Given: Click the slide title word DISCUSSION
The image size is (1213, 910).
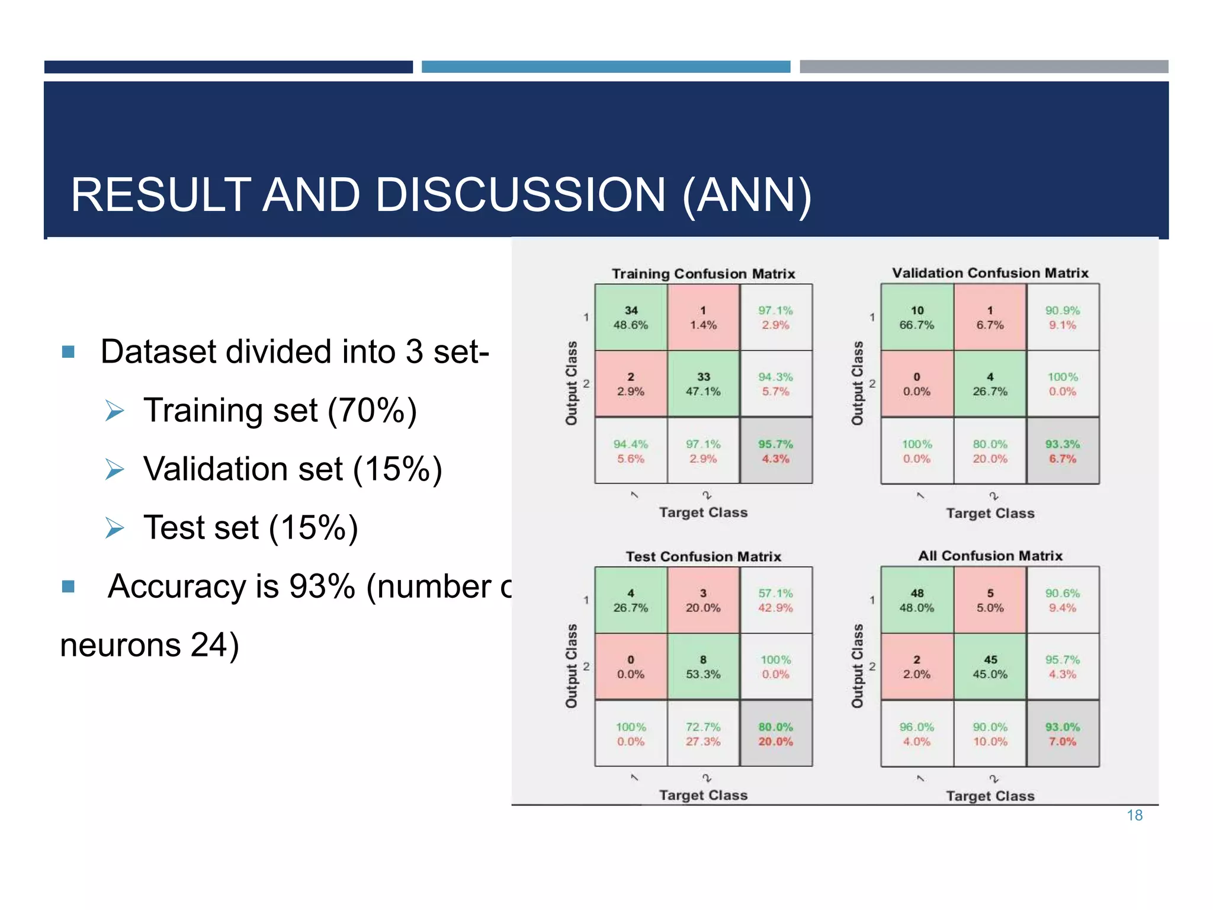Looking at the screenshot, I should click(x=520, y=196).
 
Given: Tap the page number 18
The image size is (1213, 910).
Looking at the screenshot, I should click(x=1134, y=816).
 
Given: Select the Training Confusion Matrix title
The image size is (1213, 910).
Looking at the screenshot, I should click(x=703, y=274).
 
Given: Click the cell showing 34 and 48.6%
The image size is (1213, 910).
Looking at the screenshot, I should click(x=631, y=318).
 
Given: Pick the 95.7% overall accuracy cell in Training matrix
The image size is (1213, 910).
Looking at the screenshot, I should click(x=776, y=451).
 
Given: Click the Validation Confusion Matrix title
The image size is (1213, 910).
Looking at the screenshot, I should click(x=990, y=273).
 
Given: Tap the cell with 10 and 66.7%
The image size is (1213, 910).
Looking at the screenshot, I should click(x=917, y=318).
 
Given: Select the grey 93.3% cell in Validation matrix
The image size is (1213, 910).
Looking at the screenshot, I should click(x=1063, y=451).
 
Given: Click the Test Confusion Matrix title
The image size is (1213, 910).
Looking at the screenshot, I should click(x=703, y=556).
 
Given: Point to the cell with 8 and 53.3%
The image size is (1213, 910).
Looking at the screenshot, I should click(x=703, y=667).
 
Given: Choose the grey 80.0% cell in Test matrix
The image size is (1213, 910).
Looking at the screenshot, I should click(x=776, y=733).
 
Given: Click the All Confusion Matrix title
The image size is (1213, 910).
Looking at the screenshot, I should click(x=990, y=556).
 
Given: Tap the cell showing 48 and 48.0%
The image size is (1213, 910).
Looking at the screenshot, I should click(x=917, y=600).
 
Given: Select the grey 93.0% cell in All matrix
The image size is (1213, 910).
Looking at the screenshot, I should click(x=1063, y=733).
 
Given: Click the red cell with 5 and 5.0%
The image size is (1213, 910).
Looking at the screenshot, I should click(x=990, y=600).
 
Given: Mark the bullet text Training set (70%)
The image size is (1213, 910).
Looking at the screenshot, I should click(x=280, y=410).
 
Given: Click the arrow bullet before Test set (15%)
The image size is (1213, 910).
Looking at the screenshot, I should click(x=114, y=527).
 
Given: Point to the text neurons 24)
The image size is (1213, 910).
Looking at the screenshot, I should click(x=149, y=645).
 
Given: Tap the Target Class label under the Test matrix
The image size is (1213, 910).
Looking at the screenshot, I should click(x=703, y=795).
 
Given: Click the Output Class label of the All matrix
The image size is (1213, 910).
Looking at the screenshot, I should click(x=857, y=666).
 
